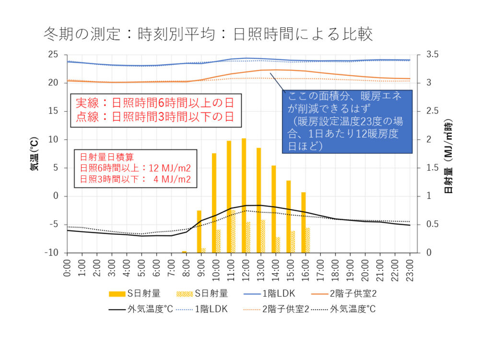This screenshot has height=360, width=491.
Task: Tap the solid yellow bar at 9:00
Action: pos(199,232)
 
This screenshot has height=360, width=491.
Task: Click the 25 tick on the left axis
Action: pos(53,55)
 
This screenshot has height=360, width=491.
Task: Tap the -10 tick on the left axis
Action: pos(51,253)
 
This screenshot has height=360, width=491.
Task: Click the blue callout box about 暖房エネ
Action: pos(346,121)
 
